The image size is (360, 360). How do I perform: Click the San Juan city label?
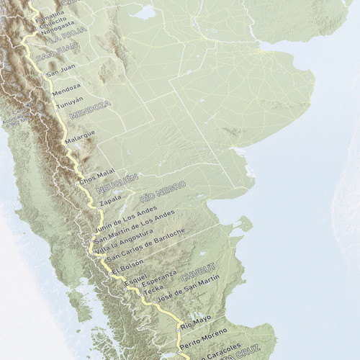pyautogui.click(x=61, y=73)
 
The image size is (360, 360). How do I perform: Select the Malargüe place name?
pyautogui.click(x=80, y=135)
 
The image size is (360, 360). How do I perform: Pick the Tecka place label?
pyautogui.click(x=153, y=289)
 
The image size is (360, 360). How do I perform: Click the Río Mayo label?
pyautogui.click(x=196, y=319)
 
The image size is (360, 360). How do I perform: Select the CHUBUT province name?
pyautogui.click(x=198, y=276)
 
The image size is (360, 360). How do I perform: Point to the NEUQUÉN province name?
pyautogui.click(x=118, y=181)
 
